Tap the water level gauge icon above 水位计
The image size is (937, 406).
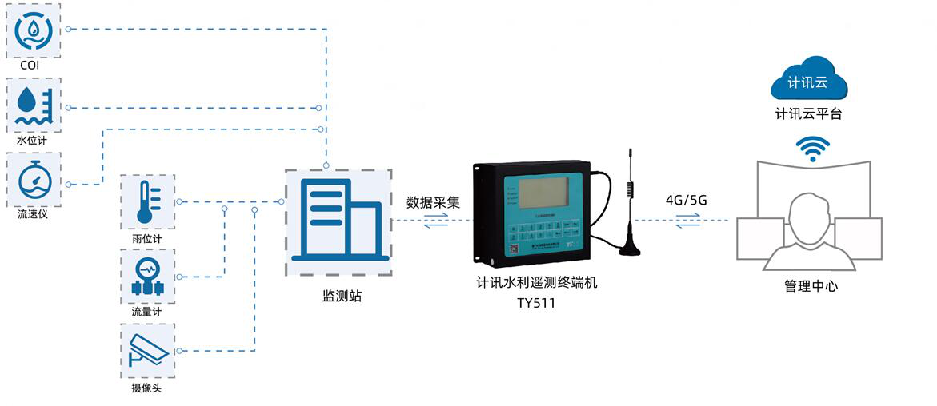pos(34,105)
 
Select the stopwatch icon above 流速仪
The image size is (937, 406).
pos(34,181)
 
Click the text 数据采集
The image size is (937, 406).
pos(434,202)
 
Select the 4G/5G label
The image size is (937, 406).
pos(686,201)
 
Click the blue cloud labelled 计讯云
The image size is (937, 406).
pos(807,81)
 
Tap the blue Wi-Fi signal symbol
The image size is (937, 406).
pos(812,149)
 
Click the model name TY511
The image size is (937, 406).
pos(536,303)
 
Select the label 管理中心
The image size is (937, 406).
pos(811,285)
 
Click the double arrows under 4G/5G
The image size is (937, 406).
pos(686,224)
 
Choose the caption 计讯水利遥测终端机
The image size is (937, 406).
pos(536,283)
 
